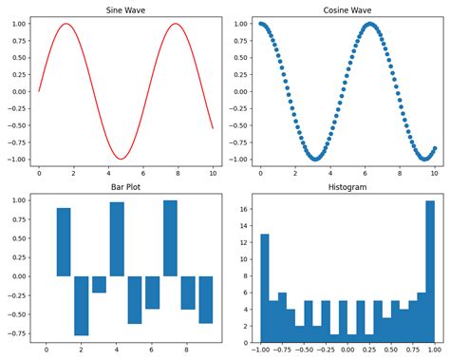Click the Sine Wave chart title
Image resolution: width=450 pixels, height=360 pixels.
point(125,10)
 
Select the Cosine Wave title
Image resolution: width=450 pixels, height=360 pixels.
point(347,10)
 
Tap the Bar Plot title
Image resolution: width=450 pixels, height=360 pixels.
point(125,188)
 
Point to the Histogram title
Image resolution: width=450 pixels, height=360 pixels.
point(347,188)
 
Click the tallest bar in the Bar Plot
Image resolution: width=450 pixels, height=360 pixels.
point(170,237)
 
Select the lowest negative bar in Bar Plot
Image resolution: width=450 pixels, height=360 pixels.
point(82,305)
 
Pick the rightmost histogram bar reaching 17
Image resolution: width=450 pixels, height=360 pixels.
point(430,271)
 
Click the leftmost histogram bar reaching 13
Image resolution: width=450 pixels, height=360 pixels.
point(264,288)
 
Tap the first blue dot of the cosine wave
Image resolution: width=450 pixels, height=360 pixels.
point(260,24)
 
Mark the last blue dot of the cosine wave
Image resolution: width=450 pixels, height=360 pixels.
point(434,148)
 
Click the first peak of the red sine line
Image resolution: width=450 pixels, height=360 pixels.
point(66,24)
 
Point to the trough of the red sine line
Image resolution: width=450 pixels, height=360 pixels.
point(121,159)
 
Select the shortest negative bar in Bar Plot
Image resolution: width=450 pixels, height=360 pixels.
point(100,284)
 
